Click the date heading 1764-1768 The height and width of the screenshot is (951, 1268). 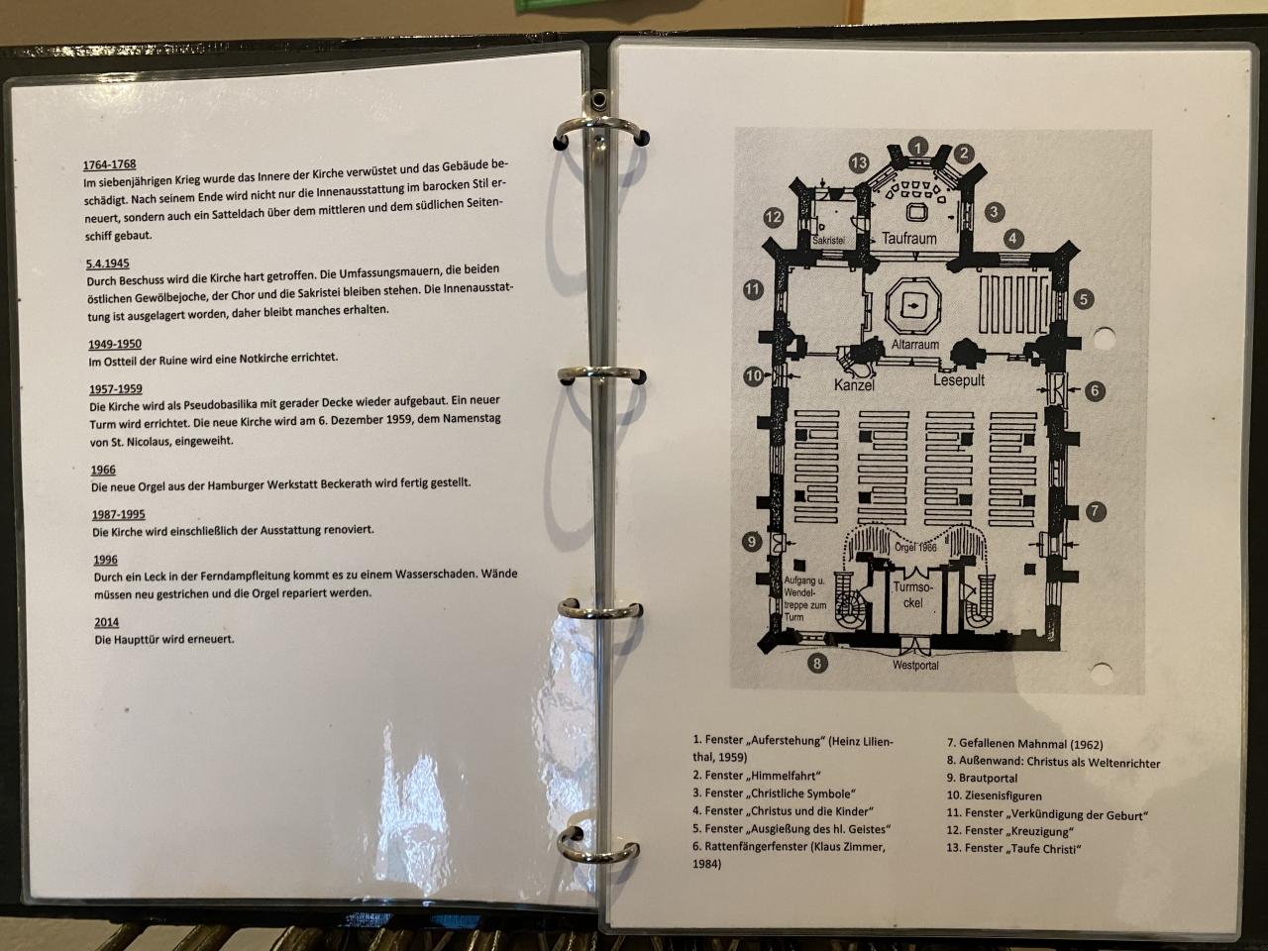(109, 164)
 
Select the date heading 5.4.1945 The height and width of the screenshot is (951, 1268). (108, 264)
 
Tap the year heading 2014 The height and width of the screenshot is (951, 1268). (106, 622)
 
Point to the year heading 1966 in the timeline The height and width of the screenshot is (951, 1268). (103, 471)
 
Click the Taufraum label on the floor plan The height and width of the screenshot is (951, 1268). (908, 239)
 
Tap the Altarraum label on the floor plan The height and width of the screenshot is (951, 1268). (914, 345)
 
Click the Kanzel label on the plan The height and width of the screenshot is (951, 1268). (854, 385)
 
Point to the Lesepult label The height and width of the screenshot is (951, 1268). (958, 380)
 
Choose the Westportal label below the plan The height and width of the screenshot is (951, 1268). (914, 666)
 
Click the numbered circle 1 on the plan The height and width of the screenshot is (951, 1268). (918, 148)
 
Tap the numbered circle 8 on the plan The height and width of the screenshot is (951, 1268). (817, 664)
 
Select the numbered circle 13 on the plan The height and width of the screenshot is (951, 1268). (858, 163)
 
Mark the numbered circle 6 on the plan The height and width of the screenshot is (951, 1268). (1095, 391)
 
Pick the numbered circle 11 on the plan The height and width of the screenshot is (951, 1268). (753, 290)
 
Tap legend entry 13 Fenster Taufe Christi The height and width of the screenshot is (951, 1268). (1012, 849)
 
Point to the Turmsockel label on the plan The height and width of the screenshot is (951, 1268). (911, 594)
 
